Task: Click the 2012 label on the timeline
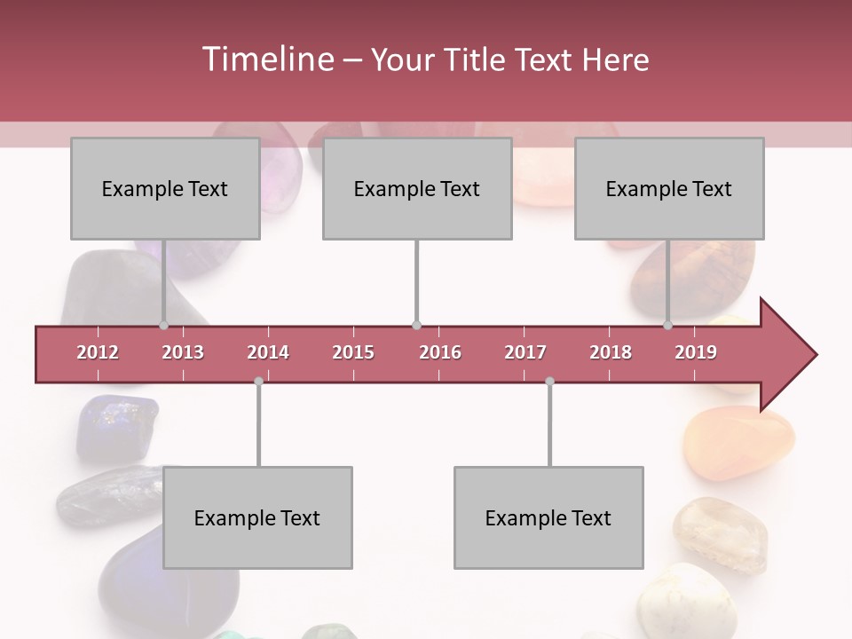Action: (98, 352)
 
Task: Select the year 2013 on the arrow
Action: (183, 352)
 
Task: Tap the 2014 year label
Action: (268, 352)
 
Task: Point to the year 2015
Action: (353, 352)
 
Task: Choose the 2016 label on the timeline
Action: (440, 352)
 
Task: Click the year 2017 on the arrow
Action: (525, 352)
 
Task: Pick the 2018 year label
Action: (611, 352)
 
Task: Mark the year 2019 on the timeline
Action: (696, 352)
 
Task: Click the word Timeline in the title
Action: (266, 59)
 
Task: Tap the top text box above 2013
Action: (165, 188)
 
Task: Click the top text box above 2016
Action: (417, 188)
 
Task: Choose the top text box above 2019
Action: (669, 188)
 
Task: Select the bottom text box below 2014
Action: (257, 517)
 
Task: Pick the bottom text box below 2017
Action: (548, 517)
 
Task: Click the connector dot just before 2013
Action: (163, 325)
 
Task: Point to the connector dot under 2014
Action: (258, 381)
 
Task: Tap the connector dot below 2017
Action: (549, 381)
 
